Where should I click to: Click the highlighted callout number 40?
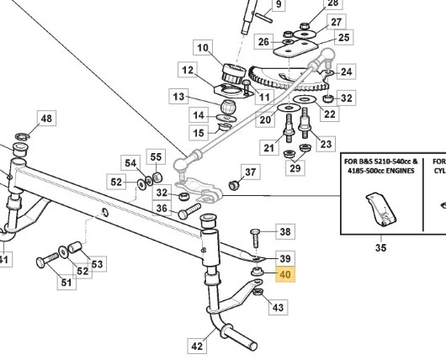(x=285, y=275)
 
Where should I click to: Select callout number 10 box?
(x=203, y=47)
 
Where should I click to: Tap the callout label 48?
(x=46, y=118)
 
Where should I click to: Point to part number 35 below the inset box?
(x=380, y=247)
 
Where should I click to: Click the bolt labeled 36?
(x=189, y=211)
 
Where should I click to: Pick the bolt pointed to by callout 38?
(x=255, y=239)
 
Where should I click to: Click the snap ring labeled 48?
(x=23, y=136)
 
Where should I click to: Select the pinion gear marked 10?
(x=234, y=74)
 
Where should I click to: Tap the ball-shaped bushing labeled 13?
(x=228, y=106)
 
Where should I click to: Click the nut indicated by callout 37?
(x=234, y=185)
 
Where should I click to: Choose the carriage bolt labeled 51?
(x=47, y=260)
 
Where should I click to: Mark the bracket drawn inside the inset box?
(x=380, y=209)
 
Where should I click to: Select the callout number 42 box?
(x=197, y=346)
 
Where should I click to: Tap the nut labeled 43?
(x=258, y=292)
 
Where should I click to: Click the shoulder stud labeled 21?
(x=289, y=128)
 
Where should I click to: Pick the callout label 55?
(x=156, y=157)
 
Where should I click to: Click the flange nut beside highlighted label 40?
(x=258, y=271)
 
